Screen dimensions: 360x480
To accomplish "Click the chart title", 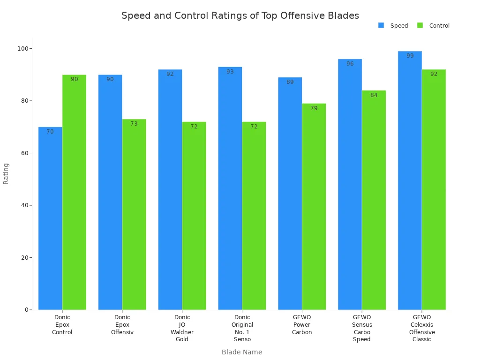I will (x=240, y=15).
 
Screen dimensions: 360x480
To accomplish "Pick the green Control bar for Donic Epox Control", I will (x=74, y=192).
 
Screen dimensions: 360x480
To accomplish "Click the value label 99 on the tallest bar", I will (x=410, y=56).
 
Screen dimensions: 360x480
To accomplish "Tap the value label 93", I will (x=230, y=72).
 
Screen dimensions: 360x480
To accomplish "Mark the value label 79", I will (x=314, y=108).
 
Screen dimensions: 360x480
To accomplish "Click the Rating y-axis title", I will (x=6, y=173).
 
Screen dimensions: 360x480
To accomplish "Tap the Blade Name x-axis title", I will (x=242, y=352).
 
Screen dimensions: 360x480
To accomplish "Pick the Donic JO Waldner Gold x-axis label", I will (x=182, y=328).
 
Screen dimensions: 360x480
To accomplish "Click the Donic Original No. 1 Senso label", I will (x=242, y=328).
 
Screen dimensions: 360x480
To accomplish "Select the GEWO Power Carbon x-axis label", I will (x=302, y=324).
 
